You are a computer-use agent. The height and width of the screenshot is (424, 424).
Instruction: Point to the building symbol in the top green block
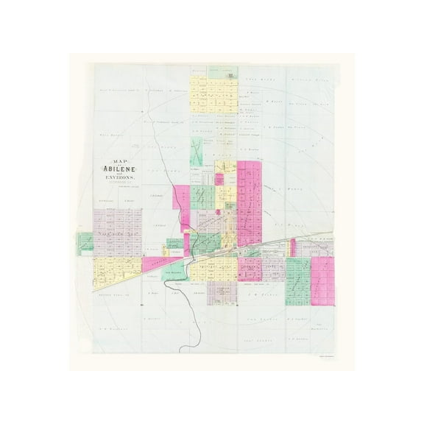click(230, 75)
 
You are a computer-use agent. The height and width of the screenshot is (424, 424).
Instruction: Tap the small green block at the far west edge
click(85, 242)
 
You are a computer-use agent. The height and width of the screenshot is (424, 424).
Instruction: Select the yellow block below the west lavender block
click(118, 269)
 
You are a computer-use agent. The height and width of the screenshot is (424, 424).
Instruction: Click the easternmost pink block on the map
click(322, 280)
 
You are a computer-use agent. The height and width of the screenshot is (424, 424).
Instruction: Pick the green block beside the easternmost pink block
click(297, 280)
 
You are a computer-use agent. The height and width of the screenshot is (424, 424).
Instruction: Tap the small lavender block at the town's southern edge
click(222, 292)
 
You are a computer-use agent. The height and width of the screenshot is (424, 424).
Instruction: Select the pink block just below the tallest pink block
click(250, 269)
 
